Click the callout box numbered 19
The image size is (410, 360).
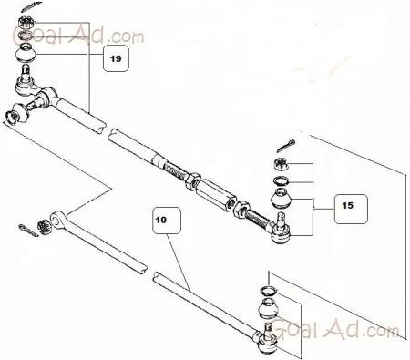(116, 58)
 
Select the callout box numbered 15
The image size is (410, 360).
(351, 209)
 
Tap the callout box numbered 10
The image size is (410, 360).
(167, 221)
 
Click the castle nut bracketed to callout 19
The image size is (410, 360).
(26, 23)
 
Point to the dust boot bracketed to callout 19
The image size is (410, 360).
(26, 54)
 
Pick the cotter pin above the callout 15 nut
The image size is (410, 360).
(286, 146)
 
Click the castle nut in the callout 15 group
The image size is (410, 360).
(280, 164)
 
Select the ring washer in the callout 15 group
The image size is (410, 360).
(281, 181)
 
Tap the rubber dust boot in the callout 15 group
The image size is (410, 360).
(281, 199)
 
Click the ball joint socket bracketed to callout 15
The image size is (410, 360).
(280, 231)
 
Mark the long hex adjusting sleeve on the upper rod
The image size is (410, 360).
(216, 194)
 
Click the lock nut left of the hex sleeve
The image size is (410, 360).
(193, 181)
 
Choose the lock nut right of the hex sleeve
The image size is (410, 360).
(241, 210)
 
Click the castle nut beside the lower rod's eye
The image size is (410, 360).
(43, 227)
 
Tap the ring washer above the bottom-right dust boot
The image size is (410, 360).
(269, 291)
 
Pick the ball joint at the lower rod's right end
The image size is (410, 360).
(266, 340)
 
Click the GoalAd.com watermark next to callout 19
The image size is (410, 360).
(78, 35)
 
